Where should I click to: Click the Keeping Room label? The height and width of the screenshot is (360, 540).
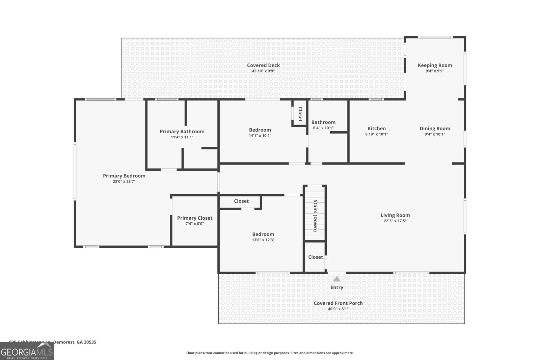click(x=435, y=65)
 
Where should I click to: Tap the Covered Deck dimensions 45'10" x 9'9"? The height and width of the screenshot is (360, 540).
click(x=263, y=71)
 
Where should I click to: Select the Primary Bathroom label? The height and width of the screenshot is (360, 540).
click(x=182, y=132)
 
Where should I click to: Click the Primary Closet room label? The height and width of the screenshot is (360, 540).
click(x=195, y=218)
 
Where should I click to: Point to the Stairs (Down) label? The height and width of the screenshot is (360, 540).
click(x=315, y=216)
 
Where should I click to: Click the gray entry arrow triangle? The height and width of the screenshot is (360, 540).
click(x=336, y=279)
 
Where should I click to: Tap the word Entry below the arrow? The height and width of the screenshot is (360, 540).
click(x=336, y=287)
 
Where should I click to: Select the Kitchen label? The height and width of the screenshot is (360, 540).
click(x=376, y=129)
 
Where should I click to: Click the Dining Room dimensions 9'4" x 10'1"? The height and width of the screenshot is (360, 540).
click(x=435, y=134)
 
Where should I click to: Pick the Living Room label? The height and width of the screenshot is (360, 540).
click(x=395, y=215)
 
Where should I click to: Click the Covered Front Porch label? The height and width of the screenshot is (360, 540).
click(x=338, y=303)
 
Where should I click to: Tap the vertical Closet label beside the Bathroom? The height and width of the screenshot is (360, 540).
click(x=300, y=114)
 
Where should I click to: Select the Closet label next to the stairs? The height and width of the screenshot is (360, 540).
click(x=315, y=257)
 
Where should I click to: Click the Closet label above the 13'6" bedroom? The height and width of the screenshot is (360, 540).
click(x=241, y=201)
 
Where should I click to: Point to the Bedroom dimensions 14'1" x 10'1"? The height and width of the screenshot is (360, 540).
click(x=260, y=136)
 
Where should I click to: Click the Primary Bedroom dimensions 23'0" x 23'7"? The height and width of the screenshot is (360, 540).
click(x=124, y=182)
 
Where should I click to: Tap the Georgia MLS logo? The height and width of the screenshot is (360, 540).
click(x=27, y=352)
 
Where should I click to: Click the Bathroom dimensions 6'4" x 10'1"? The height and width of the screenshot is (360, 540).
click(x=323, y=128)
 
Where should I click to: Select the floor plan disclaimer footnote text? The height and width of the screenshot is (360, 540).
click(x=270, y=353)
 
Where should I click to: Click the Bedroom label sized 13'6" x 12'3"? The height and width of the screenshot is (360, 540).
click(x=263, y=234)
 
